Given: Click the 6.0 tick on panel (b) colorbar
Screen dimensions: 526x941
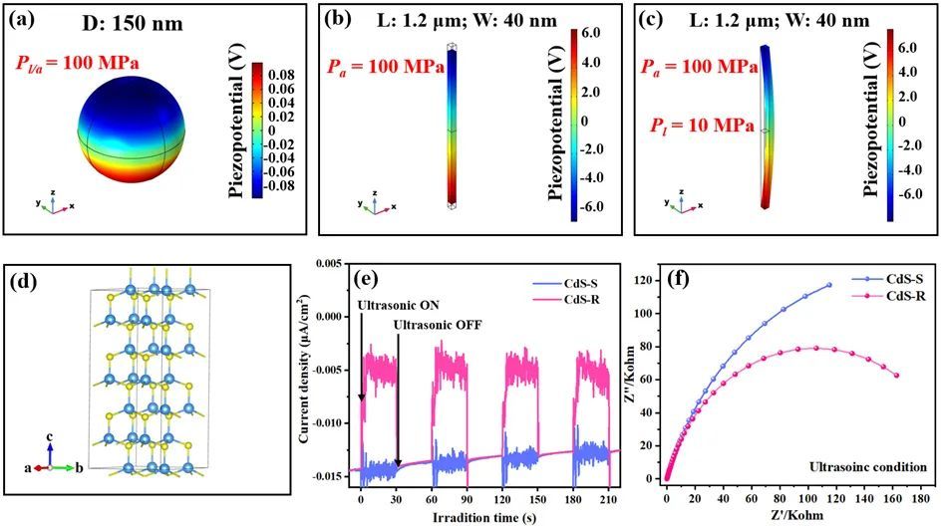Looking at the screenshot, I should pyautogui.click(x=591, y=32).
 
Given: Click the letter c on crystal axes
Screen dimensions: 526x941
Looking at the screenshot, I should pyautogui.click(x=48, y=435).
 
